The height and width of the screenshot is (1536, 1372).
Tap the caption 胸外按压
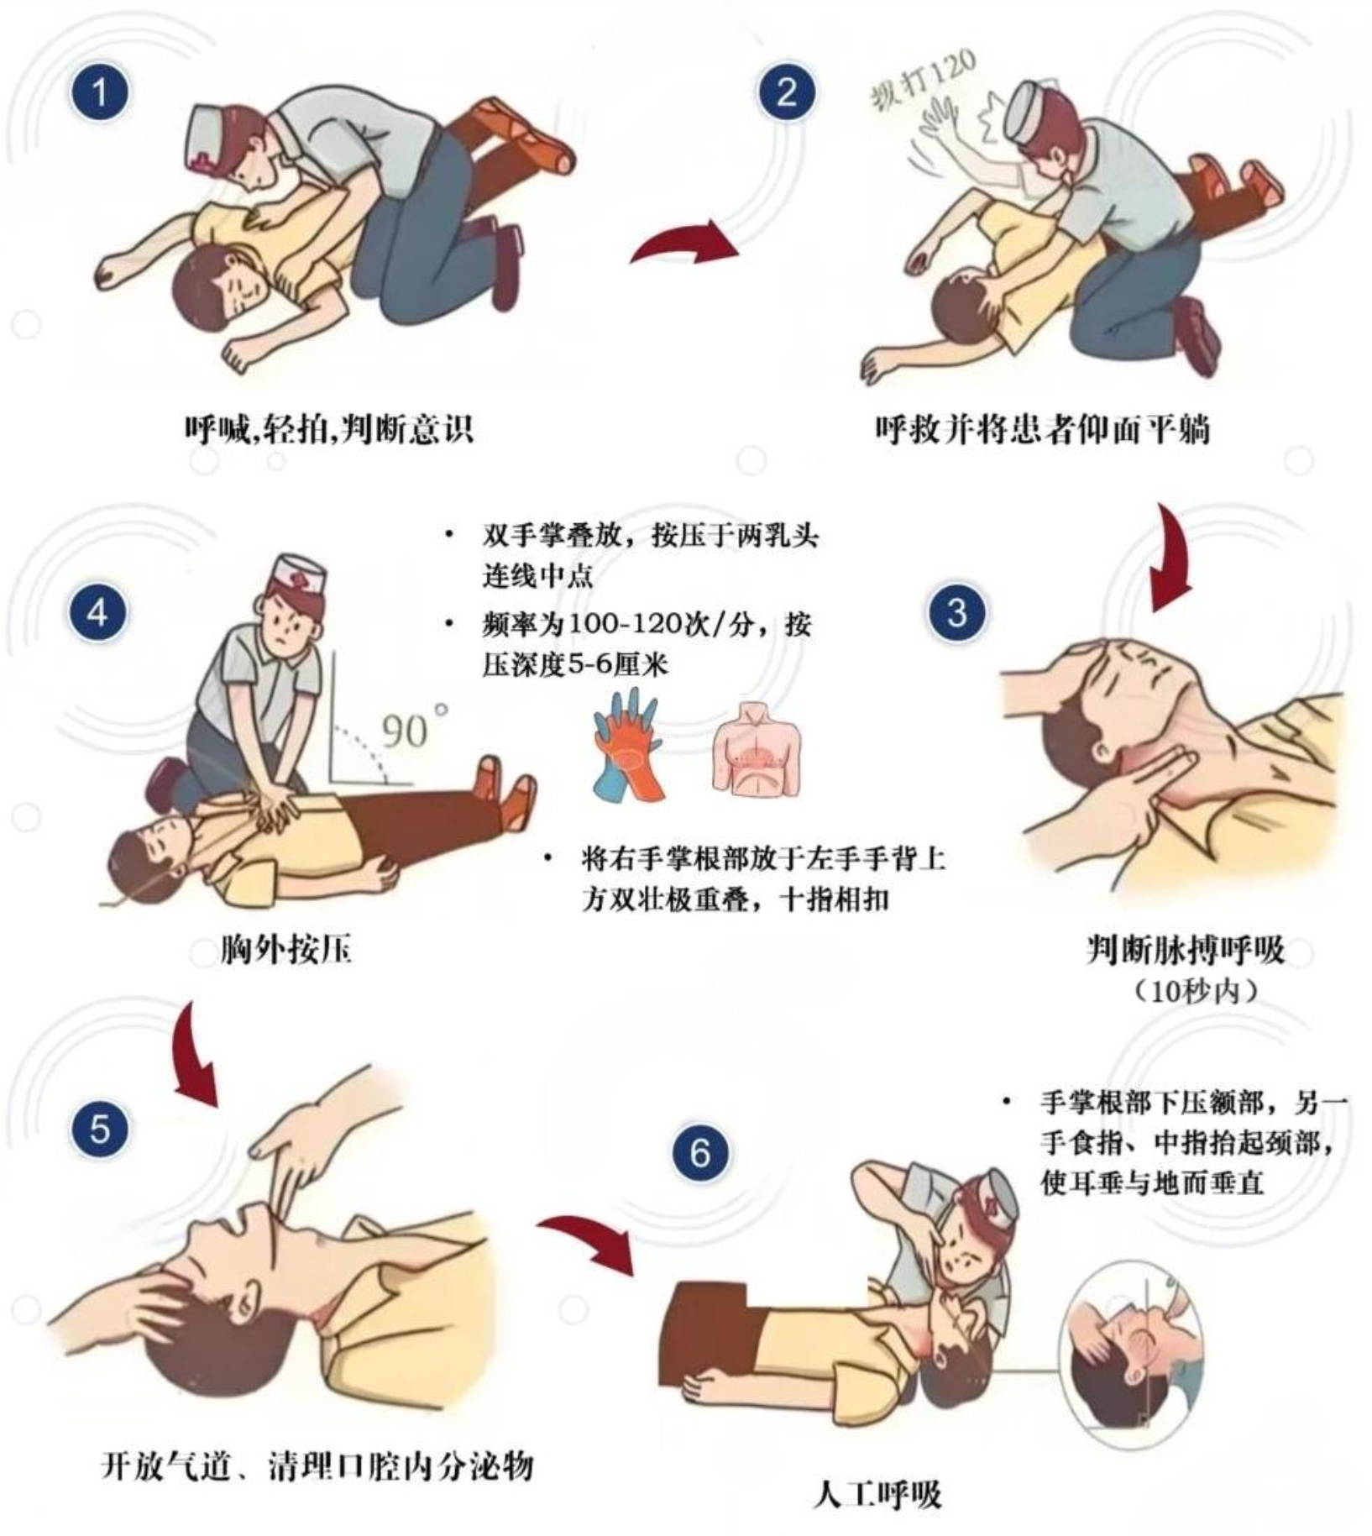click(x=286, y=950)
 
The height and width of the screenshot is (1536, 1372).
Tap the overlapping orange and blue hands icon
click(x=627, y=742)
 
